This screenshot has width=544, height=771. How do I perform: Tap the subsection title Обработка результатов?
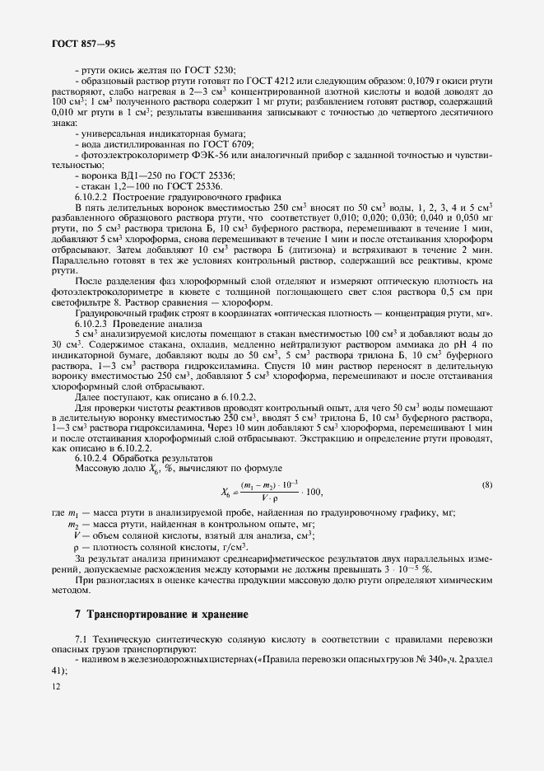click(x=153, y=456)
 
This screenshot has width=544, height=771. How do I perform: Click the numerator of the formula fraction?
click(x=276, y=485)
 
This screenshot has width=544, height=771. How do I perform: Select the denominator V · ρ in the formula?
click(x=274, y=498)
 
